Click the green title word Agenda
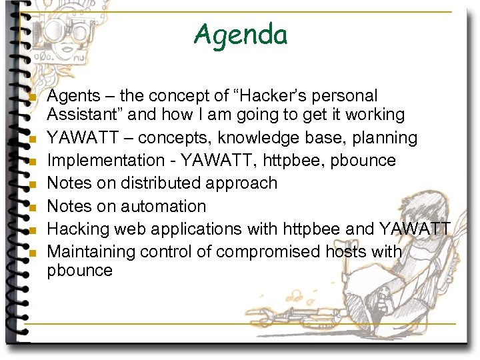coord(240,34)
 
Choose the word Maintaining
coord(91,252)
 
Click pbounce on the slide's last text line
coord(80,270)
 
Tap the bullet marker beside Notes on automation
coord(32,208)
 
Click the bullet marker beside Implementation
coord(32,163)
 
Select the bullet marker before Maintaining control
coord(32,254)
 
